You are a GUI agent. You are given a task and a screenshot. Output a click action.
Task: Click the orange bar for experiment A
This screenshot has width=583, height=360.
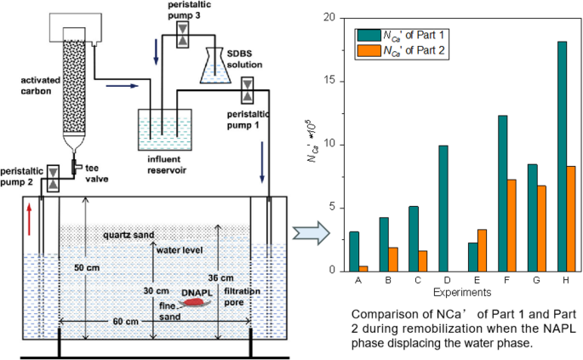[x=364, y=268]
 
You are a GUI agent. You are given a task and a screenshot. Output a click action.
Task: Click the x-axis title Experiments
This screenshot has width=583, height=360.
[x=455, y=290]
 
